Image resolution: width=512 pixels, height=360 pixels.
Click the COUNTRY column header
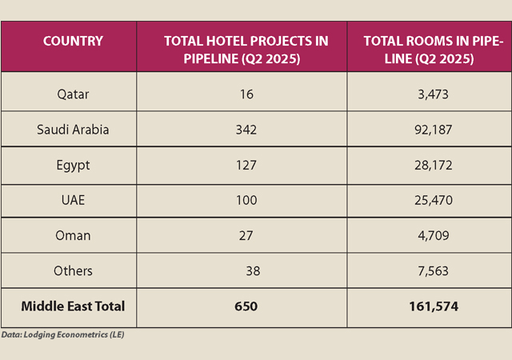tap(73, 41)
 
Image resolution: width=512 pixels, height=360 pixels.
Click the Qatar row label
tap(73, 94)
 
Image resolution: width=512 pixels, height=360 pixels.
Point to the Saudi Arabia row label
tap(73, 130)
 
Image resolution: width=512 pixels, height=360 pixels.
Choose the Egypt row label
tap(73, 165)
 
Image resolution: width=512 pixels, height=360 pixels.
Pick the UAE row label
tap(73, 200)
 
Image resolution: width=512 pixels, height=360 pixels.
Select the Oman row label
tap(73, 236)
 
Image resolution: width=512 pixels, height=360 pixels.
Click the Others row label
tap(73, 271)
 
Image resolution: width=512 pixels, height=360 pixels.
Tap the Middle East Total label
tap(73, 306)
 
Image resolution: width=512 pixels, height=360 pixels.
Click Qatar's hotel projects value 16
tap(246, 94)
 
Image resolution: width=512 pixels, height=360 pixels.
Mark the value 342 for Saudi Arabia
tap(246, 130)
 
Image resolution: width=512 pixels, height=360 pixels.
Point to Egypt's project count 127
tap(246, 165)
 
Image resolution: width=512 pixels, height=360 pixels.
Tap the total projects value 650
tap(246, 306)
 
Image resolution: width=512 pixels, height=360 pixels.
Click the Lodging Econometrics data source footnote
tap(62, 335)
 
